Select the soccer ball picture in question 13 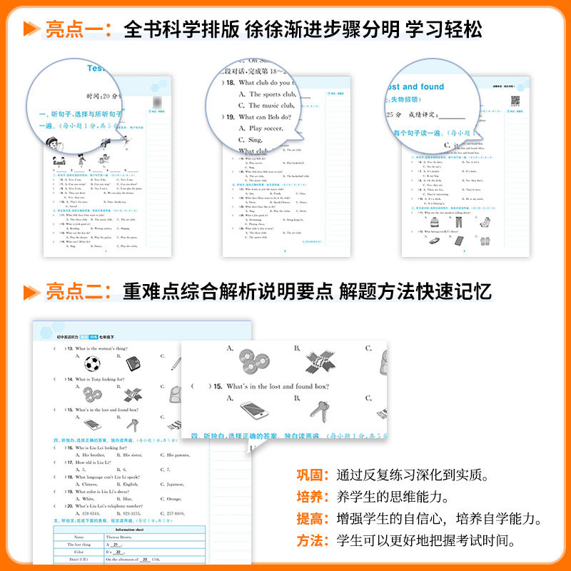coord(92,364)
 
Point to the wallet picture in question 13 coord(133,364)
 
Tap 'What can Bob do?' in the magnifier coord(265,117)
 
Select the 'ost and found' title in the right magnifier coord(415,86)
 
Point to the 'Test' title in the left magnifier coord(100,69)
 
